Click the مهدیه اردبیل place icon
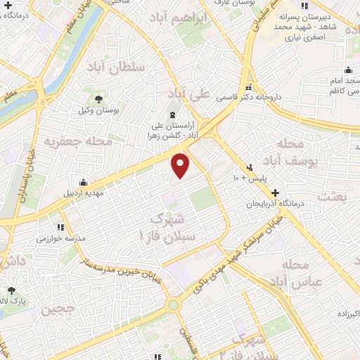click(84, 183)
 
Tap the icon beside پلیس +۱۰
click(250, 167)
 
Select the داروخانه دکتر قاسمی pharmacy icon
click(247, 89)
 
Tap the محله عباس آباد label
click(303, 274)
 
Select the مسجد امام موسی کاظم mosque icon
click(347, 70)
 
